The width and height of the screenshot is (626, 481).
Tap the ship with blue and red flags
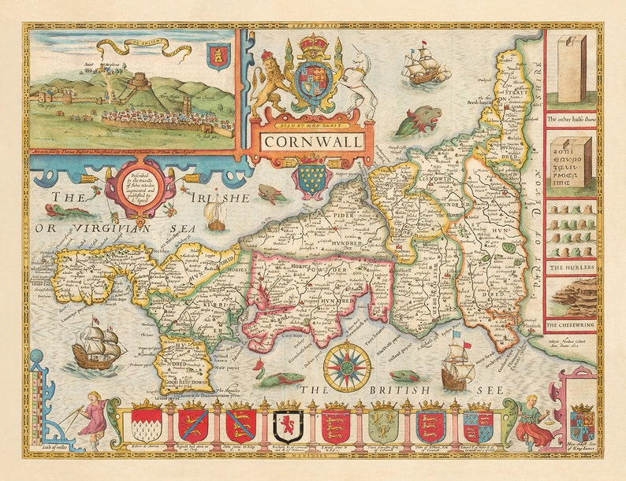[458, 366]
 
